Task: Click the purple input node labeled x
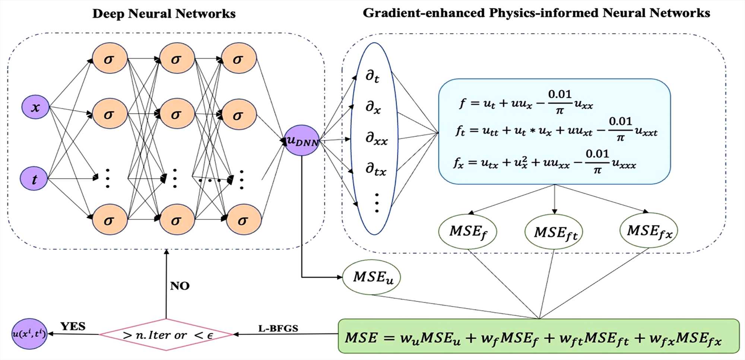[x=35, y=107]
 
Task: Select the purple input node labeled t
[x=34, y=179]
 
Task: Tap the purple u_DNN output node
[x=302, y=141]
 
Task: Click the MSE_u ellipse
[x=372, y=277]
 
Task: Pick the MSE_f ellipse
[x=468, y=232]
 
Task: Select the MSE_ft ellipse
[x=554, y=233]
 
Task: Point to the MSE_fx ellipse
[x=649, y=231]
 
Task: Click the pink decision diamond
[x=167, y=335]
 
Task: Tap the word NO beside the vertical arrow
[x=180, y=286]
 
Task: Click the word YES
[x=73, y=326]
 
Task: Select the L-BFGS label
[x=278, y=328]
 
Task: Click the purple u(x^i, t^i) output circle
[x=29, y=334]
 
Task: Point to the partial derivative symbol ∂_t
[x=372, y=76]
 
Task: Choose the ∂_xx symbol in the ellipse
[x=376, y=138]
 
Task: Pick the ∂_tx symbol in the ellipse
[x=375, y=169]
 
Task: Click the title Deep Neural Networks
[x=164, y=14]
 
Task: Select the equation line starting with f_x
[x=545, y=162]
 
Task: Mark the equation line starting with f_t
[x=556, y=130]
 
